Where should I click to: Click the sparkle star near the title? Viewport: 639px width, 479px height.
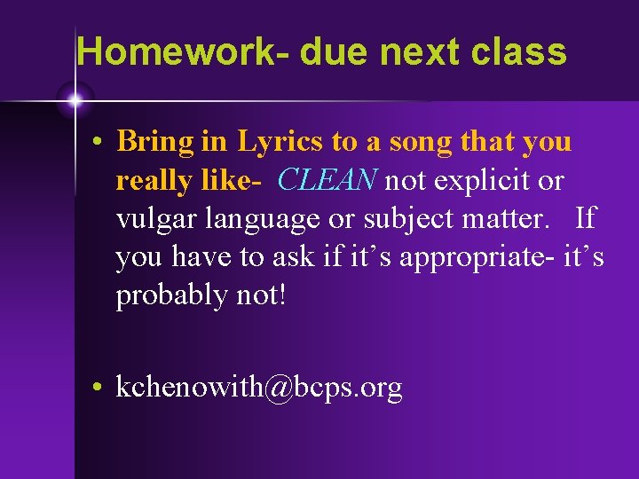74,101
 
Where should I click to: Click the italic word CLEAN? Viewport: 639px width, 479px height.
327,180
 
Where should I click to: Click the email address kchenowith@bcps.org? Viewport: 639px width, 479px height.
259,388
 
